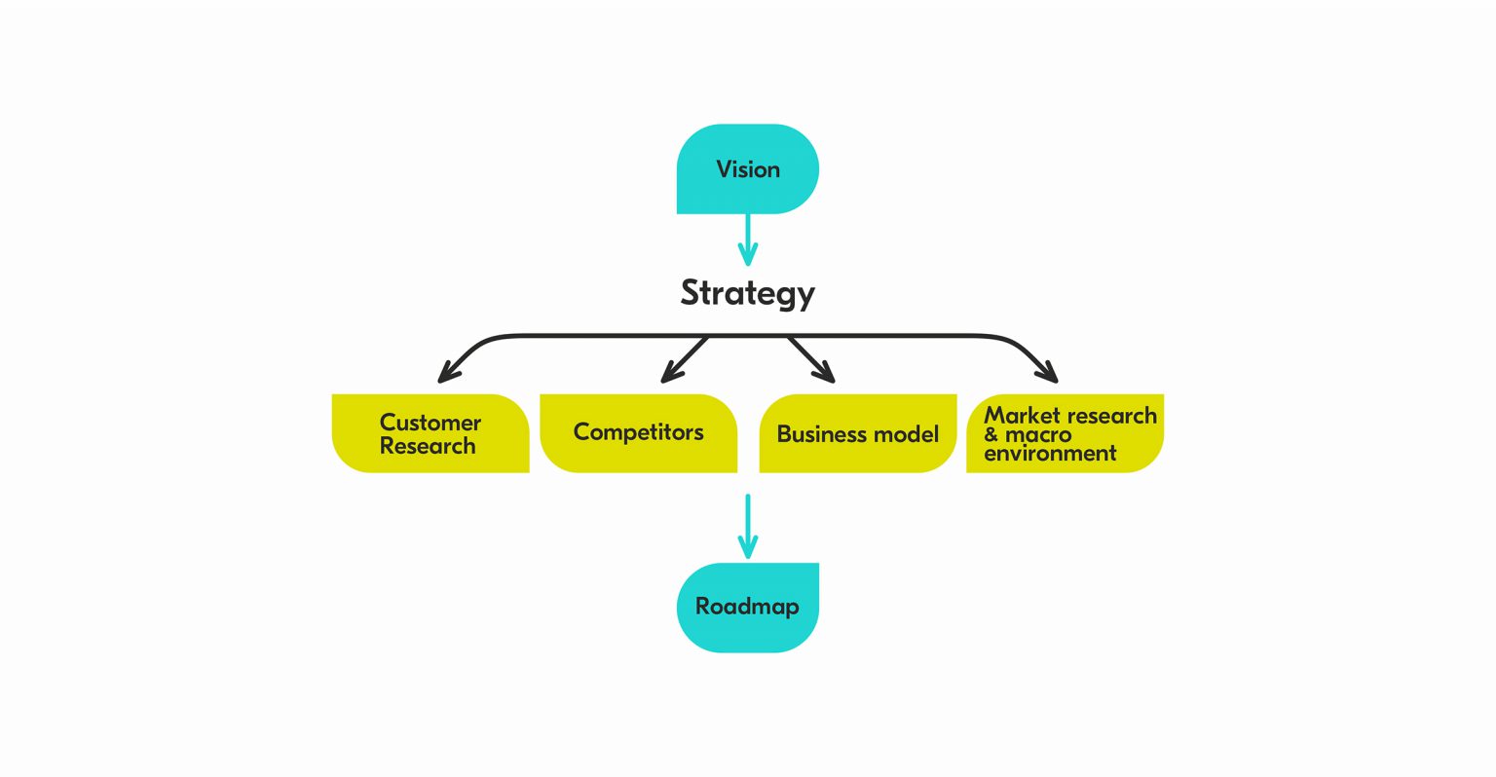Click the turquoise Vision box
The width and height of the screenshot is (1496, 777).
tap(747, 168)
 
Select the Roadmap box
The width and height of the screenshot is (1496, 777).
tap(747, 608)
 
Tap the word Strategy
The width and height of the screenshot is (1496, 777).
tap(747, 293)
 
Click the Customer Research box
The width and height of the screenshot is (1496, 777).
tap(430, 434)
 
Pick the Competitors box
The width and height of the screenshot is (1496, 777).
tap(638, 432)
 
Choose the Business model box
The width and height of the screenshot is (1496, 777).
tap(857, 434)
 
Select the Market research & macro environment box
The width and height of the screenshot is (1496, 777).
tap(1065, 434)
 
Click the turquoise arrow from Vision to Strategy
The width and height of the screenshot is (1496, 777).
tap(747, 240)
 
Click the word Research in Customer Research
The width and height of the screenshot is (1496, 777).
tap(428, 446)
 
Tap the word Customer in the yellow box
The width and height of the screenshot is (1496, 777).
tap(430, 423)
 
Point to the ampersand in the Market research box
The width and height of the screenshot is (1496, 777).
tap(991, 435)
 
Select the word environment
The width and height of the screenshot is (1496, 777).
tap(1050, 453)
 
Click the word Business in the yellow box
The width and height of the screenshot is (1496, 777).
tap(816, 434)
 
